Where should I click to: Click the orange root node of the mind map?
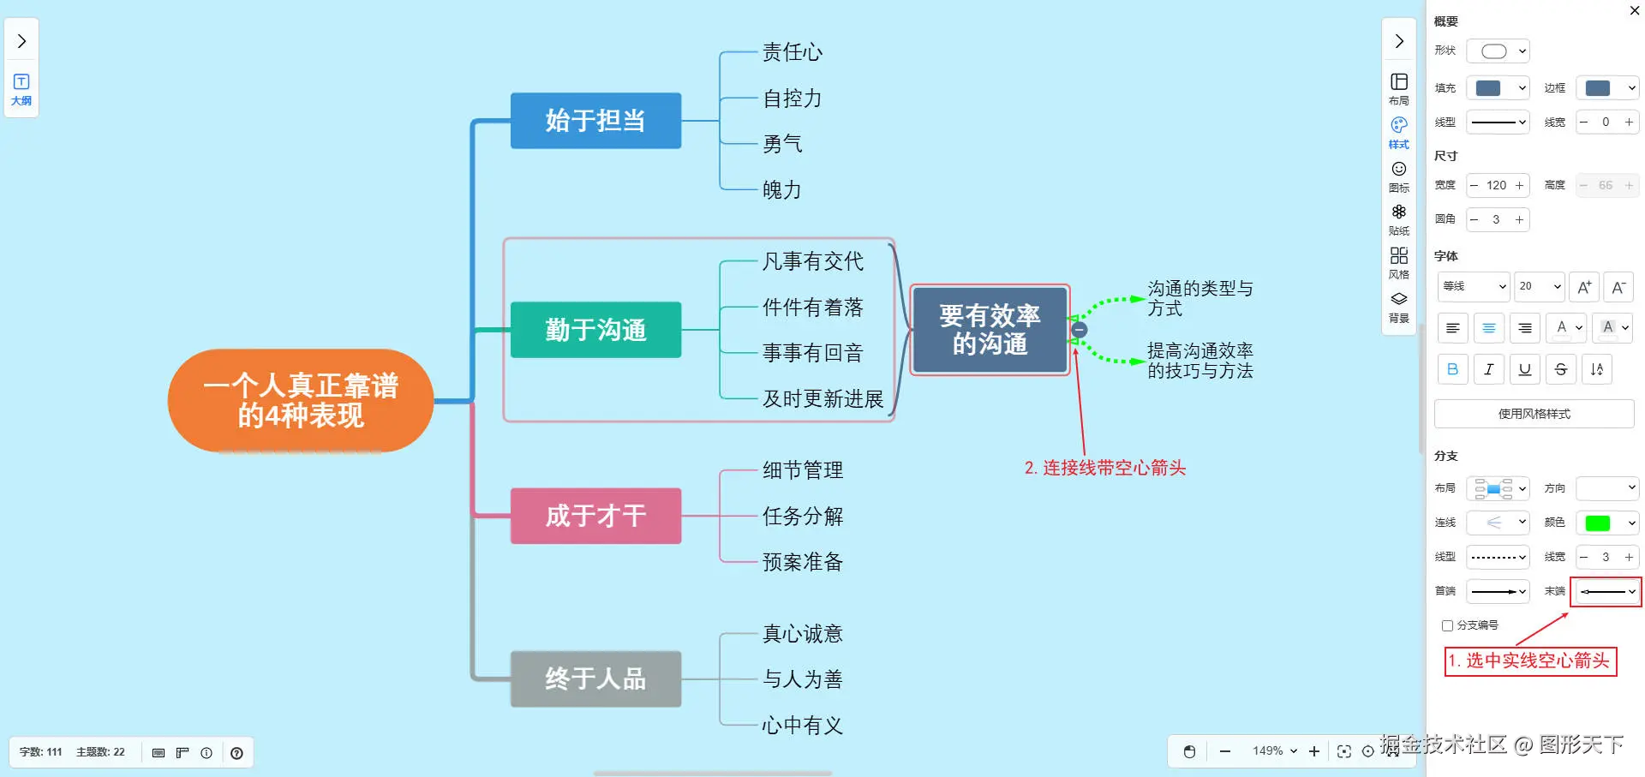(301, 400)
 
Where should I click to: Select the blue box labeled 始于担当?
(595, 121)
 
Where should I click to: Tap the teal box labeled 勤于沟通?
(595, 330)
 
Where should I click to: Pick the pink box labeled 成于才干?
(595, 516)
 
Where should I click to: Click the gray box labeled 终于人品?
(595, 678)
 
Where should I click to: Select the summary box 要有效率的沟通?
(990, 330)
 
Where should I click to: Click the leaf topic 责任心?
(793, 52)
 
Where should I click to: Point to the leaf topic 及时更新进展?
(822, 399)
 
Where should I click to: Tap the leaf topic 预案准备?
(803, 562)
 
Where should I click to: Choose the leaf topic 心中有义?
(803, 726)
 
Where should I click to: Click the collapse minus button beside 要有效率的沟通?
(1080, 330)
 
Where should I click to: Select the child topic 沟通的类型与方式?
(1199, 298)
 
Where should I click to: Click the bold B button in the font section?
(1452, 369)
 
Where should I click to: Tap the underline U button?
(1524, 369)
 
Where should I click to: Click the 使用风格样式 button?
(1534, 414)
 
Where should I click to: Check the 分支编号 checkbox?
(1448, 625)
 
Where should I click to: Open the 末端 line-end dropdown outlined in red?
(1606, 591)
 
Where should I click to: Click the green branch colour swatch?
(1598, 523)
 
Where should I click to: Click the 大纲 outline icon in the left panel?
(21, 88)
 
